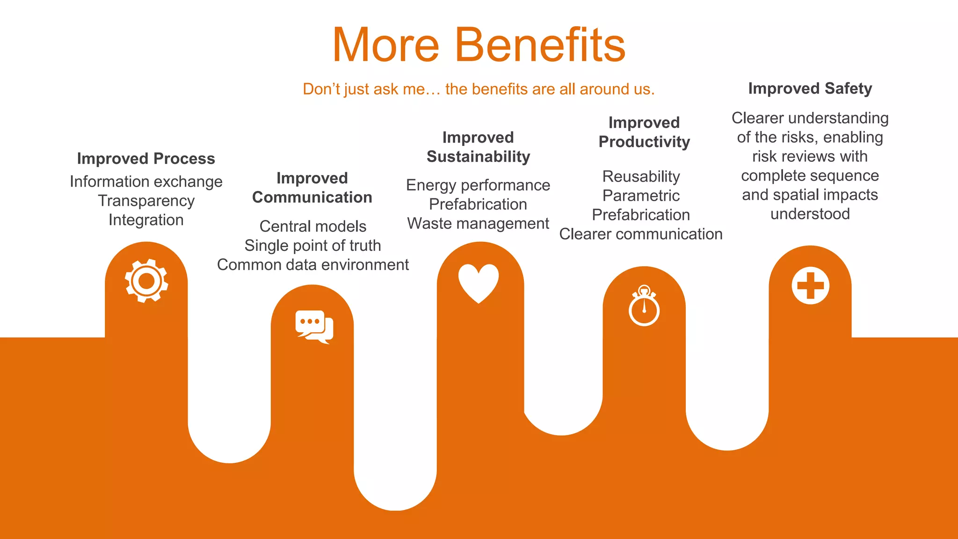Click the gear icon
coord(146,281)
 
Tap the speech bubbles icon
coord(314,326)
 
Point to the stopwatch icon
coord(644,307)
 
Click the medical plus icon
coord(810,285)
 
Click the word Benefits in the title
coord(540,45)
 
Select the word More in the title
coord(386,45)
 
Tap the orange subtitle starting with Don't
coord(479,89)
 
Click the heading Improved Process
coord(146,159)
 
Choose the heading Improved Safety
coord(810,88)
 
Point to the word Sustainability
coord(478,157)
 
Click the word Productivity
coord(644,142)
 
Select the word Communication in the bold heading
coord(312,197)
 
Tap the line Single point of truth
coord(312,246)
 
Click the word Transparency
coord(146,201)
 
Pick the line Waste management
coord(478,224)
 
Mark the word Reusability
coord(641,176)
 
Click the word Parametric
coord(641,196)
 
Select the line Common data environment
coord(312,265)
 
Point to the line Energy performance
coord(478,185)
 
